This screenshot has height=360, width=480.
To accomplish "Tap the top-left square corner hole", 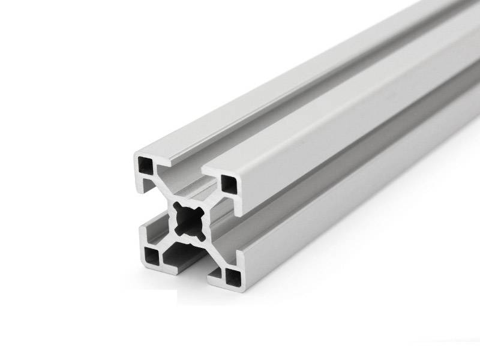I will tap(147, 164).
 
